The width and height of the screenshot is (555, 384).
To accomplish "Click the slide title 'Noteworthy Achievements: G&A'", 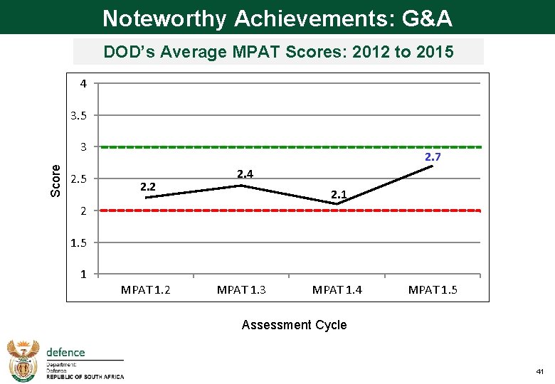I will point(277,18).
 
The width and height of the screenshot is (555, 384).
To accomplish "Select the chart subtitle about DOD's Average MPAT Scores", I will point(278,52).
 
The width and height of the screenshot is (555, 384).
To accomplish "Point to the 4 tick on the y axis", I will point(83,84).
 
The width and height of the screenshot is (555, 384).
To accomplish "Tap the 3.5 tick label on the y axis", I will point(79,115).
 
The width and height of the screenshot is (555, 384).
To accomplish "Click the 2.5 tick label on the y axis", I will point(79,178).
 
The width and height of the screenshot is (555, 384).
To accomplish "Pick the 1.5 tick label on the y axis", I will point(79,242).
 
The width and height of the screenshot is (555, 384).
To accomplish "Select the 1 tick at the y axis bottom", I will point(83,274).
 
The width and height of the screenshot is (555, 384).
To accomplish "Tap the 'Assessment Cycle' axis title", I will point(294,325).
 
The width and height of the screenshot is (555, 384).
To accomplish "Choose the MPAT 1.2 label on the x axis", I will point(146,289).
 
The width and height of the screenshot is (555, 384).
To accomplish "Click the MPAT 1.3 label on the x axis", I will point(241,289).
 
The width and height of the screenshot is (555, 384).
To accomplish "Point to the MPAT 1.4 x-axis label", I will point(337,289).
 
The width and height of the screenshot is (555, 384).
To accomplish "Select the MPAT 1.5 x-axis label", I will point(433,289).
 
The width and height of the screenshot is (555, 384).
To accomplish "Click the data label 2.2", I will point(148,187).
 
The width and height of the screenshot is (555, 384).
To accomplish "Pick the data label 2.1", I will point(339,194).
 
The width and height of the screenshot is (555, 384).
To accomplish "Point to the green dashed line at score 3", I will point(285,147).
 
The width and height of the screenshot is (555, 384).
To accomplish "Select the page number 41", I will point(539,372).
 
